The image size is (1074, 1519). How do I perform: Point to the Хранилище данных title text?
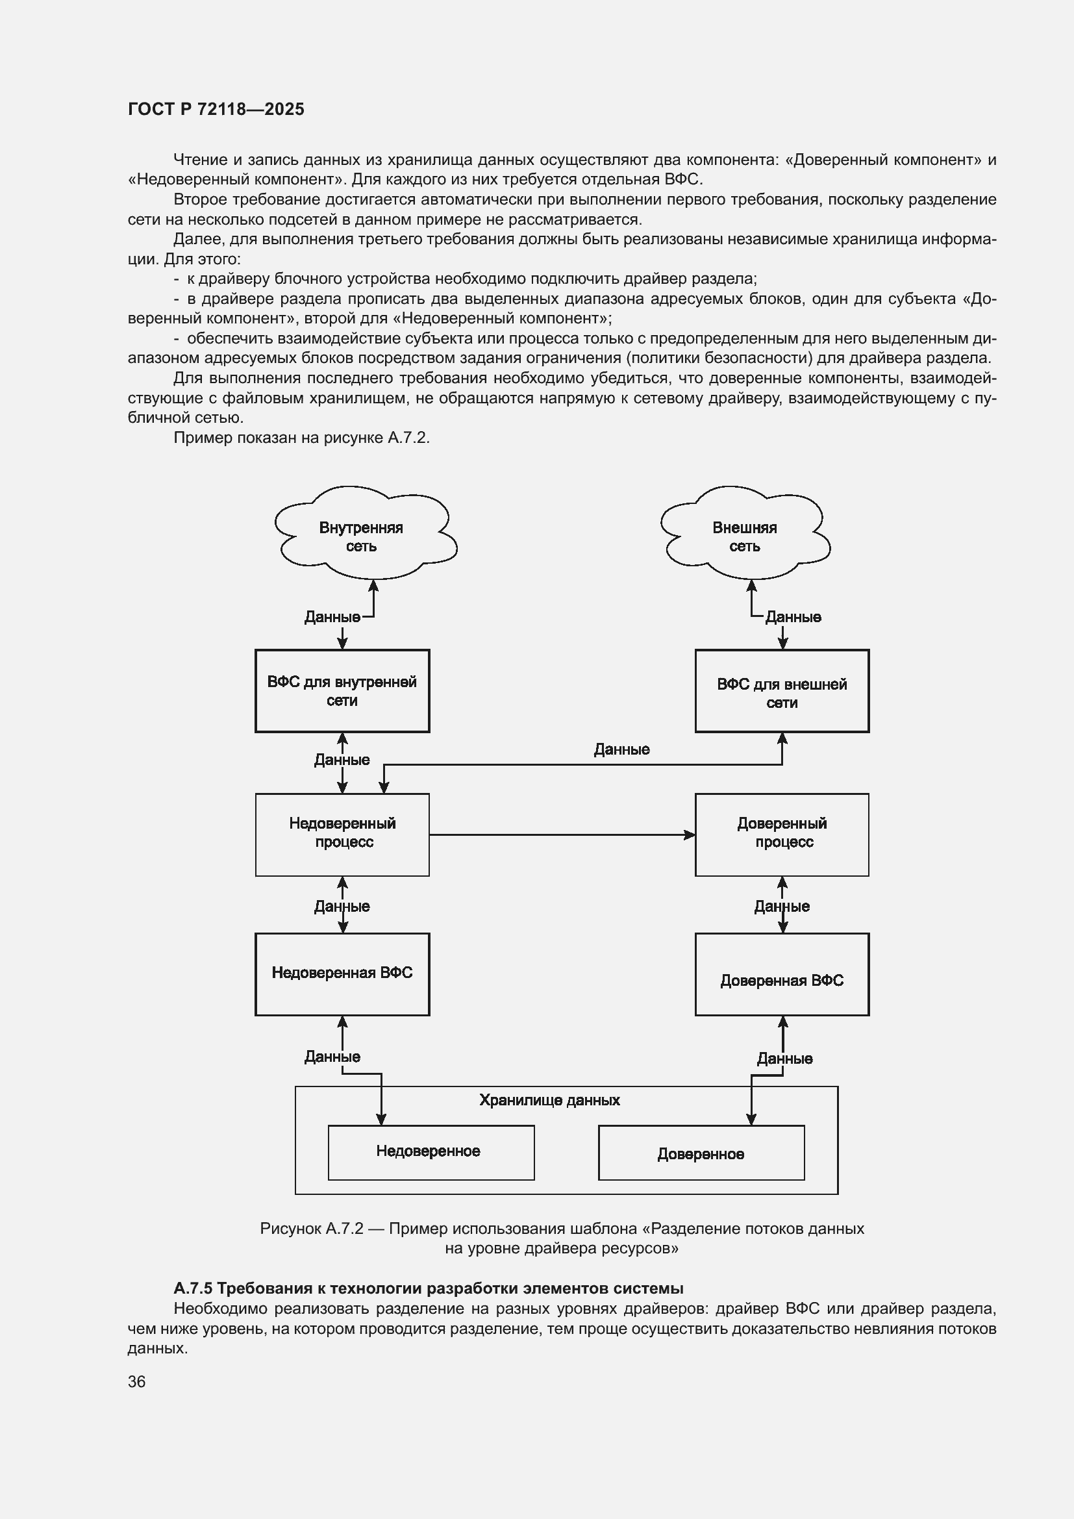549,1100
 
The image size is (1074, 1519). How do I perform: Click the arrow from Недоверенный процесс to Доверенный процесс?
562,835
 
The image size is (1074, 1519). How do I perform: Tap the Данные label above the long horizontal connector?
621,749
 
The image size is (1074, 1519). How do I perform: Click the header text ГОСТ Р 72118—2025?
216,109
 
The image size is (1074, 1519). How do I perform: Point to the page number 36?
137,1381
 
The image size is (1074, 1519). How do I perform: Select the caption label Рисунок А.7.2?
312,1229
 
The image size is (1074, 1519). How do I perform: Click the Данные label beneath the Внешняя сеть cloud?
793,617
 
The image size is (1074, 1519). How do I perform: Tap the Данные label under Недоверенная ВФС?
332,1057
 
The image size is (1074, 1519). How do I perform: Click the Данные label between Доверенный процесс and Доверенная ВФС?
782,907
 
